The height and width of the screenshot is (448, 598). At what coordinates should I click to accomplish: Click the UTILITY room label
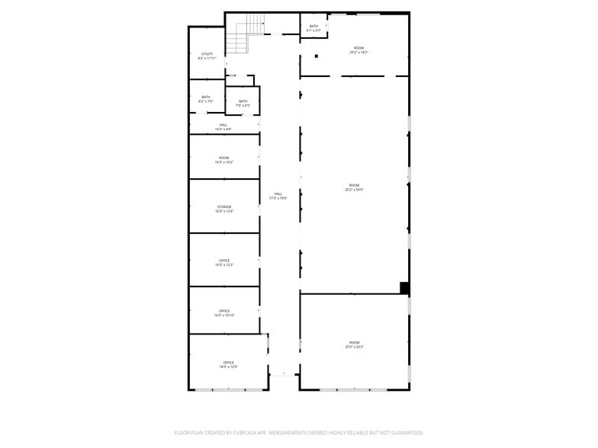click(207, 54)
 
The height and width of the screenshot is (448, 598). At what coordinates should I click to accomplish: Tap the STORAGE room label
click(224, 206)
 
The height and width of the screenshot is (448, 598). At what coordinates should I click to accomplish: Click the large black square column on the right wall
click(404, 287)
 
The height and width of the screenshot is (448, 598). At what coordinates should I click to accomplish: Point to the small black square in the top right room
click(316, 56)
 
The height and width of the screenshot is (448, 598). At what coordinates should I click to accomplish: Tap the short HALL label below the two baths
click(223, 124)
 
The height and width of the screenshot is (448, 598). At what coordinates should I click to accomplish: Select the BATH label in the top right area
click(313, 27)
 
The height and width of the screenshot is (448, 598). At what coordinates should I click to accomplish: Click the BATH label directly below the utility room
click(206, 97)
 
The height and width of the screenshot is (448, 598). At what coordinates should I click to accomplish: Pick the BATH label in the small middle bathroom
click(243, 101)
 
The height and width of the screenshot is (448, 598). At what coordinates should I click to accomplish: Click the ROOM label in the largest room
click(354, 185)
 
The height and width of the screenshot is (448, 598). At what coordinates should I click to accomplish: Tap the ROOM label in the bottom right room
click(354, 342)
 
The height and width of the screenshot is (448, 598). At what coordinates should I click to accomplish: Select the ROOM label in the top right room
click(358, 48)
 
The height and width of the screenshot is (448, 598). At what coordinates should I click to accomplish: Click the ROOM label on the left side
click(224, 158)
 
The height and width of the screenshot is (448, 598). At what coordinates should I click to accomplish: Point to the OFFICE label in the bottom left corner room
click(229, 362)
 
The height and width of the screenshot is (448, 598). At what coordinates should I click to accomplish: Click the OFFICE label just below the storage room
click(224, 261)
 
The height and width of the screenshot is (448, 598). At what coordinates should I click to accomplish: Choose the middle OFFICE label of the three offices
click(224, 311)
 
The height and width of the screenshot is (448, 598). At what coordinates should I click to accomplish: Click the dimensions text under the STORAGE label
click(224, 211)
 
